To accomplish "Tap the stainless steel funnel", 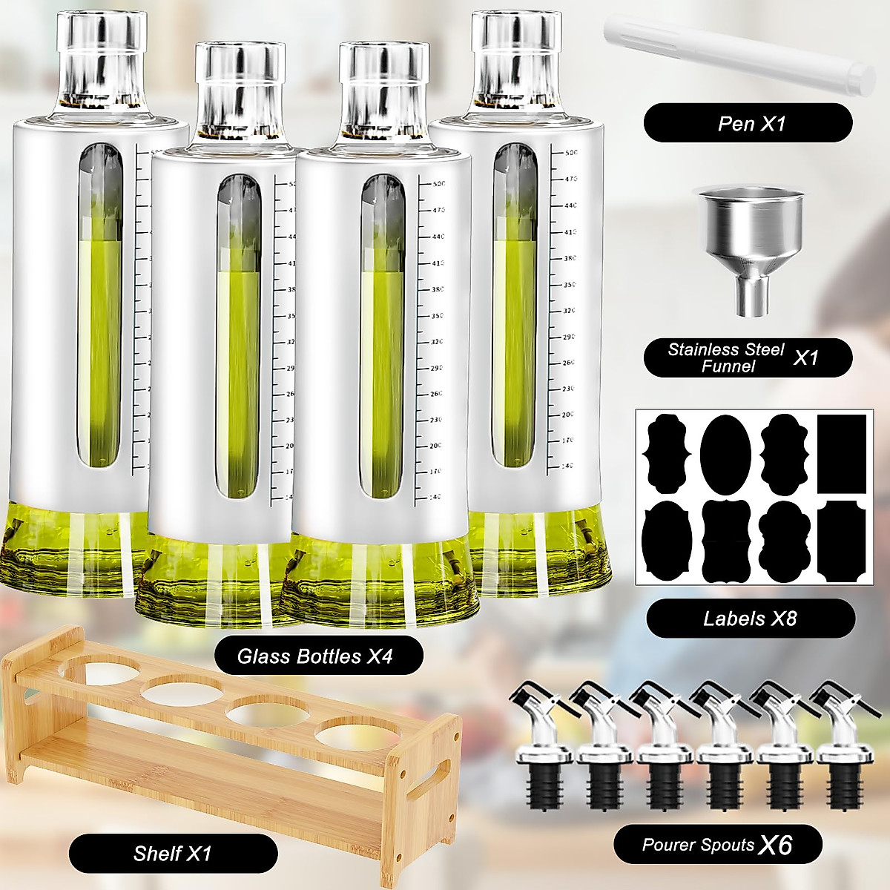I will pos(751,237).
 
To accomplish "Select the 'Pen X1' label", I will pos(748,123).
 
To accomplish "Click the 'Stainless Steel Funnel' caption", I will pos(748,358).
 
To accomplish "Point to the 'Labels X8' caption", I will pos(750,619).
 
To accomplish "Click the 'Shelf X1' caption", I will pos(173,853).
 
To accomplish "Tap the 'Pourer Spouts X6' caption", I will pos(717,844).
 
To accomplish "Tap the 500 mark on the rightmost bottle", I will pos(570,153).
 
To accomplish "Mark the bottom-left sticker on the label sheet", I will pos(666,541).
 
